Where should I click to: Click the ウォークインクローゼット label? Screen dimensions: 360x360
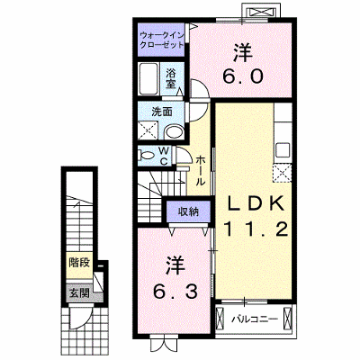[x=162, y=40]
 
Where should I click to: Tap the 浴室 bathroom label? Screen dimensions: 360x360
[x=171, y=78]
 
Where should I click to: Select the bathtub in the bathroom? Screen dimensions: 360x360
[x=148, y=79]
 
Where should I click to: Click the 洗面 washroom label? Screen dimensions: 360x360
[x=162, y=112]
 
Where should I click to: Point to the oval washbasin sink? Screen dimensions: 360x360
[x=175, y=131]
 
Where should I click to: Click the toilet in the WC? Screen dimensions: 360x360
[x=146, y=156]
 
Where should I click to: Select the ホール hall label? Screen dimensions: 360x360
[x=201, y=171]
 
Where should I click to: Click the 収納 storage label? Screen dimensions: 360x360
[x=189, y=212]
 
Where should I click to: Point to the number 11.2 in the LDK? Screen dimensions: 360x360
[x=256, y=230]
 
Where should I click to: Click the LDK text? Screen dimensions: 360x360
[x=256, y=204]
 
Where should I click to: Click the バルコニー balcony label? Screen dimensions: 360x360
[x=254, y=319]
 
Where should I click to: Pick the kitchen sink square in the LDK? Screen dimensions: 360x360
[x=283, y=149]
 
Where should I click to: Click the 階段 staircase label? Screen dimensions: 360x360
[x=79, y=263]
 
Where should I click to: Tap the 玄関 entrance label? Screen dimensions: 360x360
[x=79, y=292]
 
